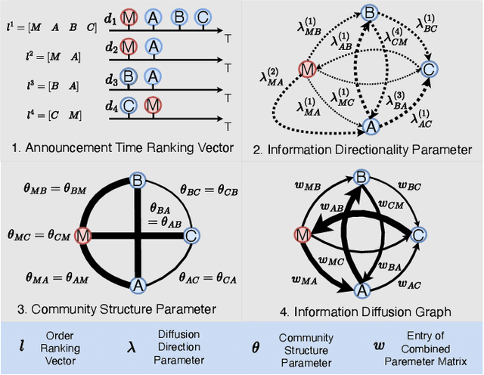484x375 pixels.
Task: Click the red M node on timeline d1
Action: point(130,16)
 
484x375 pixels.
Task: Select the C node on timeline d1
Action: point(202,16)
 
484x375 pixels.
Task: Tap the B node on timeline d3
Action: point(130,77)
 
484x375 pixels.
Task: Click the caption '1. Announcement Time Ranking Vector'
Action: point(118,148)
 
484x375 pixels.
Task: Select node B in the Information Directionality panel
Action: point(369,12)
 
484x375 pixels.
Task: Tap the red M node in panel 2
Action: point(307,70)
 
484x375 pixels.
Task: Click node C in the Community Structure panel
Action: point(191,236)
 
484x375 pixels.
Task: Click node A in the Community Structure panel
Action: point(138,285)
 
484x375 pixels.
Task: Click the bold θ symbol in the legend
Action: point(255,348)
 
